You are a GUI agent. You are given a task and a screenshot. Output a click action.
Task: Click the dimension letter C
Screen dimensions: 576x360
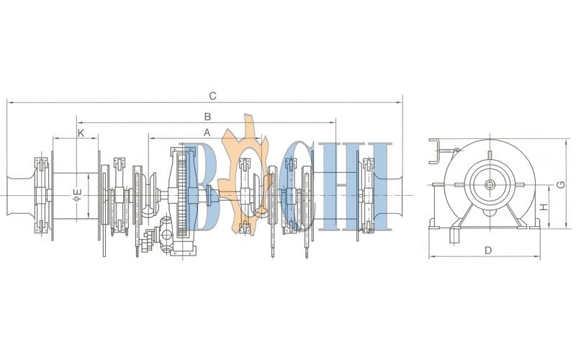212,96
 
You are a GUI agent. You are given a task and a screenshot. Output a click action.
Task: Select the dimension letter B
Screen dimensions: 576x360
207,117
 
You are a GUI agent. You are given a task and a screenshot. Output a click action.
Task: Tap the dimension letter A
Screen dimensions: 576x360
207,132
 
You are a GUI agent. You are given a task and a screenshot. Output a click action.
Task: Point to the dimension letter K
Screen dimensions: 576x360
81,133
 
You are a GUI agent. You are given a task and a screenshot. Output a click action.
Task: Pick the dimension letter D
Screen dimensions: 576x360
488,251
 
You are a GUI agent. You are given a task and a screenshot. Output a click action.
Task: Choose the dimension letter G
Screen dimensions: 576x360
561,184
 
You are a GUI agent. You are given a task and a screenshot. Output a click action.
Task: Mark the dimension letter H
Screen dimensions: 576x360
544,207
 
